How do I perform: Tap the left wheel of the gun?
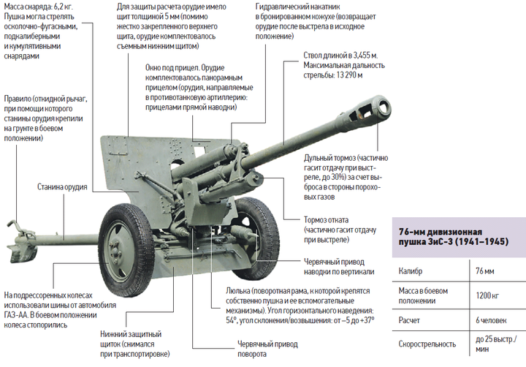pos(126,250)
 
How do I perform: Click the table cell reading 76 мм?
pos(485,271)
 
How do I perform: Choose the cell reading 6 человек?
pos(491,320)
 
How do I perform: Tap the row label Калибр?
pos(411,271)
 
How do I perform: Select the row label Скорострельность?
pos(427,344)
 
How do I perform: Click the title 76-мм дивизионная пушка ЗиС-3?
pos(453,237)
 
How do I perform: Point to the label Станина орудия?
pos(62,186)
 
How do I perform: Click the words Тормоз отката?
pos(326,220)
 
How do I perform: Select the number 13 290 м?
pos(349,75)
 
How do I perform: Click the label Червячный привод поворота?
pos(267,349)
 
